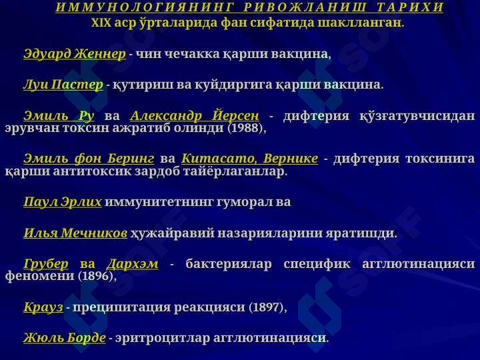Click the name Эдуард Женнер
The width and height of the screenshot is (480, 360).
click(75, 54)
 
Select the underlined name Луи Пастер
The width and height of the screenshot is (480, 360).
click(63, 85)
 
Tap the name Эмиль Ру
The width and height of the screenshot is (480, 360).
click(59, 116)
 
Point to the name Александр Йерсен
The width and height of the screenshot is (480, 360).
click(195, 116)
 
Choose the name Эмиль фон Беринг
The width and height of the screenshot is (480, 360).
click(89, 159)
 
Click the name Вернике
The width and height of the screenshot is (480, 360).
click(291, 159)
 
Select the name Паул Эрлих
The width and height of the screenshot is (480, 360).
click(63, 202)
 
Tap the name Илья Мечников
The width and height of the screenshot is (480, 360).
click(75, 233)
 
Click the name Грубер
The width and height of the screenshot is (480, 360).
click(46, 264)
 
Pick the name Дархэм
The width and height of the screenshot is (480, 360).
click(133, 264)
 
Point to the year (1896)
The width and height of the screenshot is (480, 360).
click(95, 276)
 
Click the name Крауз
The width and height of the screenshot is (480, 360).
click(43, 307)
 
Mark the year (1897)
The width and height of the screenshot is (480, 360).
click(266, 307)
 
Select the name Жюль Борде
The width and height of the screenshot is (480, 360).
click(65, 338)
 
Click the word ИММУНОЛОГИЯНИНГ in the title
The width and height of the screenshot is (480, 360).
click(145, 7)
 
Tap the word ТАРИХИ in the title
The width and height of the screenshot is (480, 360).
click(410, 7)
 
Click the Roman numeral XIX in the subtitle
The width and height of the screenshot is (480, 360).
click(101, 23)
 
